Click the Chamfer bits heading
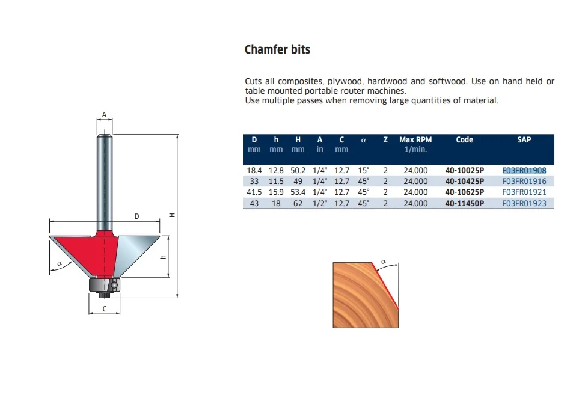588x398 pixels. [277, 49]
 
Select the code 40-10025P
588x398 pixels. [464, 170]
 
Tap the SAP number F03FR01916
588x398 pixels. [524, 181]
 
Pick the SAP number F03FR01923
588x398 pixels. [524, 203]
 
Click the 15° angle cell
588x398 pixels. [363, 170]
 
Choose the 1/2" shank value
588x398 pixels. [319, 203]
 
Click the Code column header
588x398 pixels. [464, 140]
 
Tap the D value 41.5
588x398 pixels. [254, 192]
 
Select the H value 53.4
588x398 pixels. [298, 192]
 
